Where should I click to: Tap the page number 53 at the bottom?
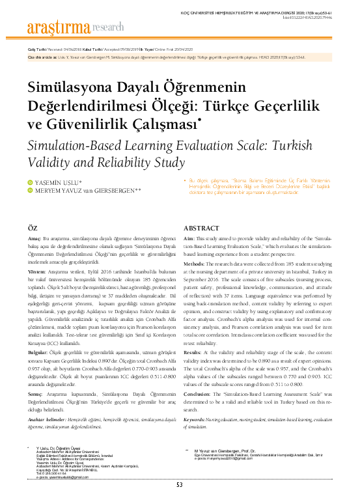click(x=180, y=484)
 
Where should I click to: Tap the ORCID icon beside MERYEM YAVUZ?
click(x=29, y=190)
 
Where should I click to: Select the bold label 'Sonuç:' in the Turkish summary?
click(x=35, y=393)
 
